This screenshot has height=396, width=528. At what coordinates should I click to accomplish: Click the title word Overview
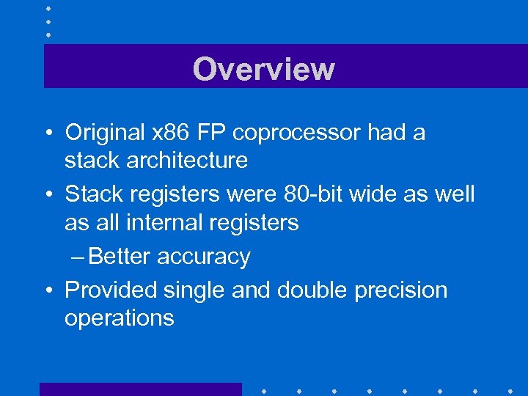coord(264,69)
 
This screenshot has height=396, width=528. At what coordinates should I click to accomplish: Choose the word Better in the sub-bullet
coord(121,257)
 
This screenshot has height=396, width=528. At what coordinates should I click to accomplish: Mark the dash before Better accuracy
coord(78,257)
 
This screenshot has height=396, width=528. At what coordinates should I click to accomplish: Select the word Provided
coord(110,290)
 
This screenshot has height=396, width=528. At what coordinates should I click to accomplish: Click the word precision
coord(401,290)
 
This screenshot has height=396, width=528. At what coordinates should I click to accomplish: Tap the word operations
coord(120,318)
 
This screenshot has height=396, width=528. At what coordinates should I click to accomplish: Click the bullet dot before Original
coord(47,134)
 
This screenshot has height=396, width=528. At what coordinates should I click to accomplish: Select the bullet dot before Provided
coord(47,291)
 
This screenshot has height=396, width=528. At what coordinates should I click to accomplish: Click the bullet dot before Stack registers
coord(47,195)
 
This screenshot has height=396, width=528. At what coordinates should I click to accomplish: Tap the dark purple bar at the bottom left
coord(140,389)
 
